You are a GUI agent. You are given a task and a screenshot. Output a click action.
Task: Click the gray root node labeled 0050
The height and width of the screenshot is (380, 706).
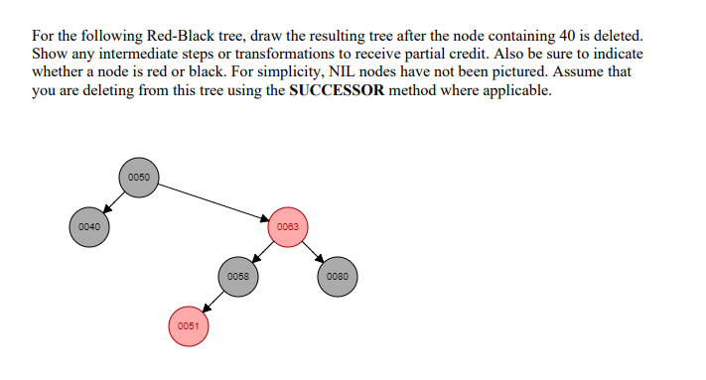click(139, 178)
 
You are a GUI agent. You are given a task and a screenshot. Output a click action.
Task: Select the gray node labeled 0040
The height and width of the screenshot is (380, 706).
click(89, 227)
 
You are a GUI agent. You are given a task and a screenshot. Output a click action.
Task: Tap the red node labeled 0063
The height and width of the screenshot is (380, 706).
click(288, 227)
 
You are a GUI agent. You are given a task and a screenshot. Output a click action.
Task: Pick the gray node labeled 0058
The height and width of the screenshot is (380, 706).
click(238, 277)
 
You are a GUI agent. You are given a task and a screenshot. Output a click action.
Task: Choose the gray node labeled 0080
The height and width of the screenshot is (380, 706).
click(338, 277)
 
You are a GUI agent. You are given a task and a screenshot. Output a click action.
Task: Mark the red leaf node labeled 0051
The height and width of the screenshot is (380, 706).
click(189, 326)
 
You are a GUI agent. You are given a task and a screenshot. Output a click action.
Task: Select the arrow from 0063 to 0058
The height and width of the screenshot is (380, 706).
click(263, 252)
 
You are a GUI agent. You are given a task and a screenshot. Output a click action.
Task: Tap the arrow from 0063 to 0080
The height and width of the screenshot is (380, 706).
click(314, 252)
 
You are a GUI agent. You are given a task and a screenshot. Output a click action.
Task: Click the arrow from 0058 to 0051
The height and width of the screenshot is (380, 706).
click(213, 302)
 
